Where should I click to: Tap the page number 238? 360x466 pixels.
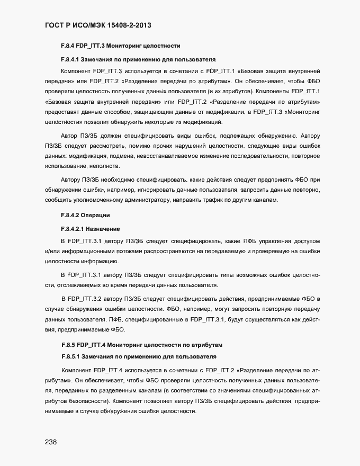tap(46, 442)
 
